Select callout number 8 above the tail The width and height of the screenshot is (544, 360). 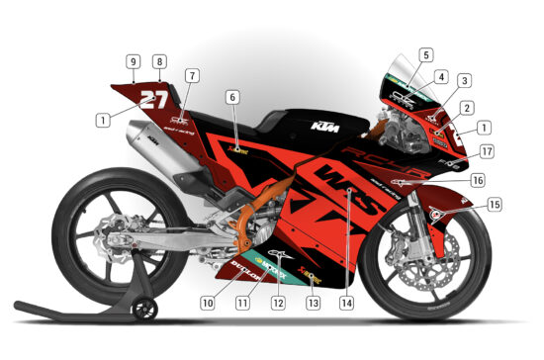coord(159,61)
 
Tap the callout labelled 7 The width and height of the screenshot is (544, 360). coord(191,75)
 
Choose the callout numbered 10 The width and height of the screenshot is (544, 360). coord(208,303)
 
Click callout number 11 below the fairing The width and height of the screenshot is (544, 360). coord(241,303)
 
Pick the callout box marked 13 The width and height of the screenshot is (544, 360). coord(314,303)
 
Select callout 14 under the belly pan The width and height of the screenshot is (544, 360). coord(346,303)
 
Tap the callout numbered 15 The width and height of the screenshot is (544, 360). coord(495,205)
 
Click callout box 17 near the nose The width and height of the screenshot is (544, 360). coord(487,151)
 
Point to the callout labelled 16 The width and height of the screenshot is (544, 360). coord(477,181)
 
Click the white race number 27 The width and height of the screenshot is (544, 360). coord(153,99)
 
